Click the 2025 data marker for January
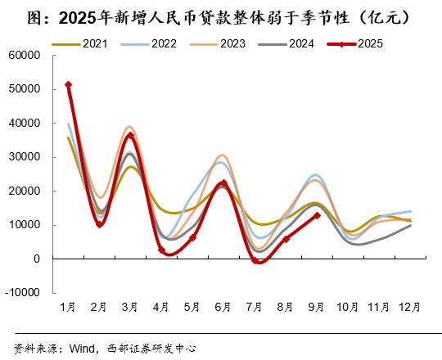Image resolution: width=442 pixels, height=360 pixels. tap(68, 84)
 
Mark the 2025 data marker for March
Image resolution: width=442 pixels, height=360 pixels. tap(130, 136)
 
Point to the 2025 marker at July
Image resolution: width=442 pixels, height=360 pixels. tap(255, 261)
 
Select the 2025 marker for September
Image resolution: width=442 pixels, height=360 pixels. tap(317, 215)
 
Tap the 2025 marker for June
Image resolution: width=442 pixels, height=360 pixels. tap(223, 183)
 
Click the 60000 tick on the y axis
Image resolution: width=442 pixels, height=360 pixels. tap(25, 56)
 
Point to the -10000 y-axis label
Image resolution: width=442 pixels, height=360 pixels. tap(24, 292)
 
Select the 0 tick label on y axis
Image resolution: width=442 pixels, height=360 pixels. tap(38, 259)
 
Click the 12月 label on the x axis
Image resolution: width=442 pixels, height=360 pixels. tap(410, 307)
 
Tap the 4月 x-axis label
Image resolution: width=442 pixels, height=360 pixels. tap(161, 307)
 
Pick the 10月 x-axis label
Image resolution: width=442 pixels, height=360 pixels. tap(348, 307)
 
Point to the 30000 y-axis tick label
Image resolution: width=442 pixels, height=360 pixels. tap(25, 157)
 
